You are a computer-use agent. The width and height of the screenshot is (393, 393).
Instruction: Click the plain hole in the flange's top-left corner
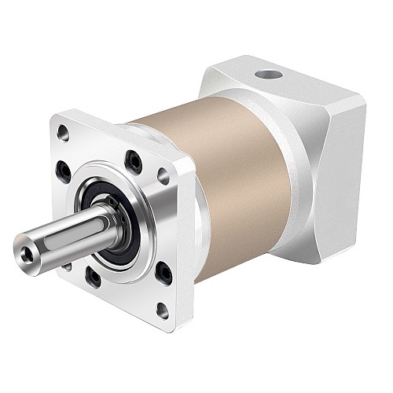coord(64,134)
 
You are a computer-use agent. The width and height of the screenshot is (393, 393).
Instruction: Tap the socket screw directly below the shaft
coord(93,276)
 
